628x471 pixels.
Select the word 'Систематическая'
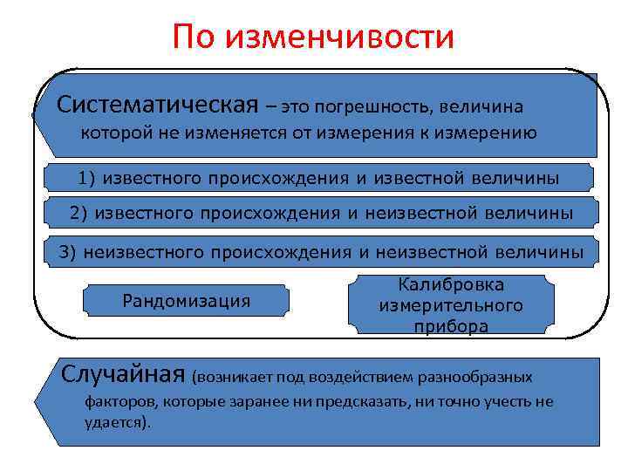[x=158, y=106]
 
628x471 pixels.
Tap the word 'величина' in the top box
[x=482, y=107]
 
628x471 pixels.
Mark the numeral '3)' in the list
[x=68, y=252]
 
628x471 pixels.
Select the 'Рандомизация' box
[x=186, y=301]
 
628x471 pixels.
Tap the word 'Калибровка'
[x=450, y=285]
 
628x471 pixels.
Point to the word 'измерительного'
[x=450, y=306]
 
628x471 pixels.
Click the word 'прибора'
[x=450, y=326]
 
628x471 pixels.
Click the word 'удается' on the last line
[x=116, y=422]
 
